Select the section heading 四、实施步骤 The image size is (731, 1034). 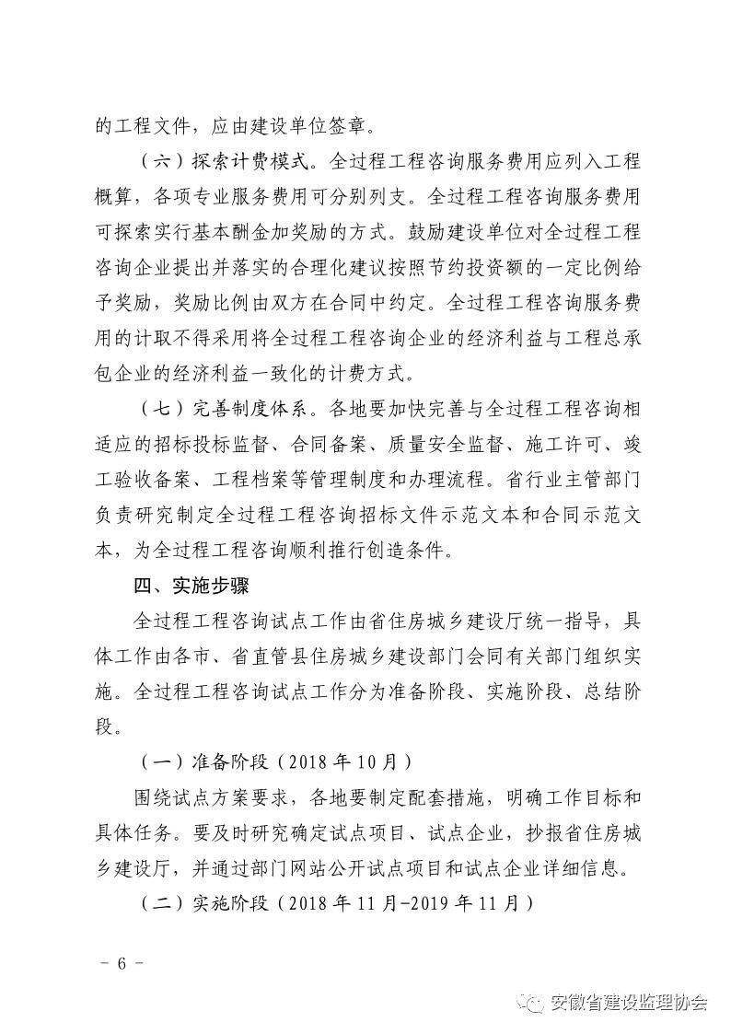point(192,586)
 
